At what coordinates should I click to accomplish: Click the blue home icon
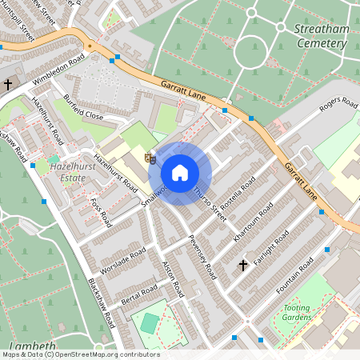(x=180, y=173)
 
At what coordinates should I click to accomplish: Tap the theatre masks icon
(x=149, y=158)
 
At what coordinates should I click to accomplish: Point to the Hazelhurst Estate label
(x=61, y=173)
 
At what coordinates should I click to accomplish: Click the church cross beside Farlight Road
(x=243, y=264)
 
